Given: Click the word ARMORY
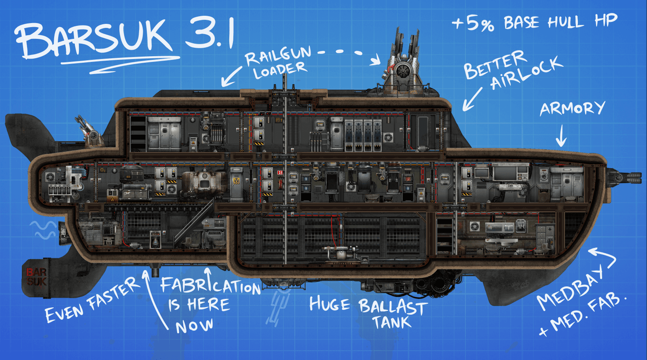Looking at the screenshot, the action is click(573, 108).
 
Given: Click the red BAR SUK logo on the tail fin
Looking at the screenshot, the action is click(36, 277).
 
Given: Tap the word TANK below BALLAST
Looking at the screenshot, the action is click(392, 322).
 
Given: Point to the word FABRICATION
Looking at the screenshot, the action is click(210, 284).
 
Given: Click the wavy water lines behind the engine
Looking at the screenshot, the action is click(43, 230).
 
